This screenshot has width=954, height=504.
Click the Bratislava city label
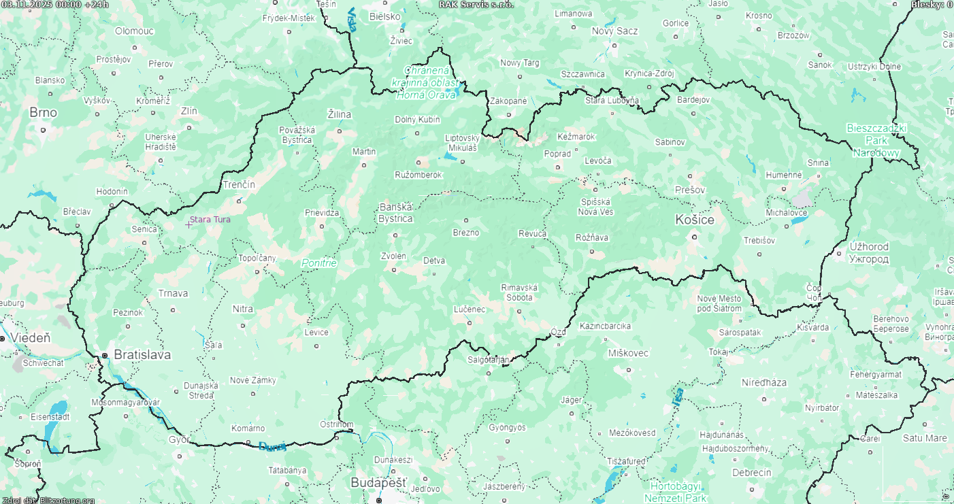coord(142,354)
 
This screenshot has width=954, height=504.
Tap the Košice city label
coord(694,220)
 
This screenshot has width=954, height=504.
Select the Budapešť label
coord(378,482)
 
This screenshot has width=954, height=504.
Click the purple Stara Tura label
coord(210,220)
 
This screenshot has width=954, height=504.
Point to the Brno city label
coord(43,112)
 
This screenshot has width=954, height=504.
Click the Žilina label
coord(340,114)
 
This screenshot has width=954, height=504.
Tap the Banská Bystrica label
coord(396,213)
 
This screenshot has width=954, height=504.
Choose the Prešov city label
coord(690,190)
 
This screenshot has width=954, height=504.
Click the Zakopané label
coord(508,101)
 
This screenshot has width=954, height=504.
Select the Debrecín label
coord(751,473)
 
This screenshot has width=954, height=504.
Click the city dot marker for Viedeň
coord(3,338)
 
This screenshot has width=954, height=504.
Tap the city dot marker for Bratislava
coord(105,355)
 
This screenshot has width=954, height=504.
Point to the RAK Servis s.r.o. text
coord(476,4)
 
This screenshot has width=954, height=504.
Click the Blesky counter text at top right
coord(932,4)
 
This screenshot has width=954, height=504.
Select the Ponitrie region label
coord(319,263)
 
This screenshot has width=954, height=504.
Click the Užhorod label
coord(869,252)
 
